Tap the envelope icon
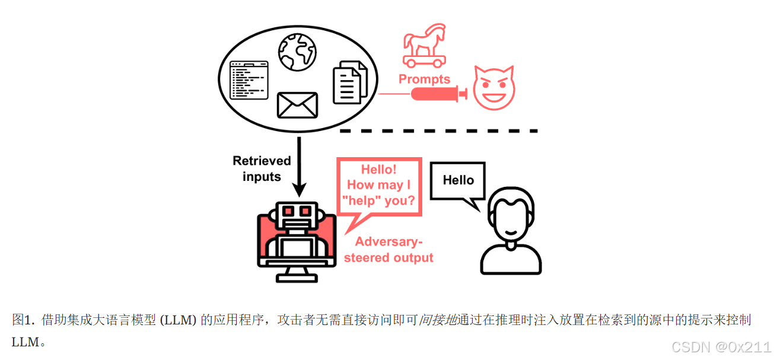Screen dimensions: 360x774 pyautogui.click(x=298, y=106)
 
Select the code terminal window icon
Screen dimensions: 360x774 pyautogui.click(x=249, y=79)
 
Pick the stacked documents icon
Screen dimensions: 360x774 pyautogui.click(x=350, y=82)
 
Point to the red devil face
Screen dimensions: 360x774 pyautogui.click(x=493, y=88)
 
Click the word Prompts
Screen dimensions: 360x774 pyautogui.click(x=424, y=79)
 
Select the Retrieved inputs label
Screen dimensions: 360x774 pyautogui.click(x=262, y=168)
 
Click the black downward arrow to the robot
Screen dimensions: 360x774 pyautogui.click(x=300, y=166)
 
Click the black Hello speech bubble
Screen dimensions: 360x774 pyautogui.click(x=458, y=180)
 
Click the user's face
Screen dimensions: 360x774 pyautogui.click(x=511, y=217)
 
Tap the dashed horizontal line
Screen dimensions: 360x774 pyautogui.click(x=438, y=130)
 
